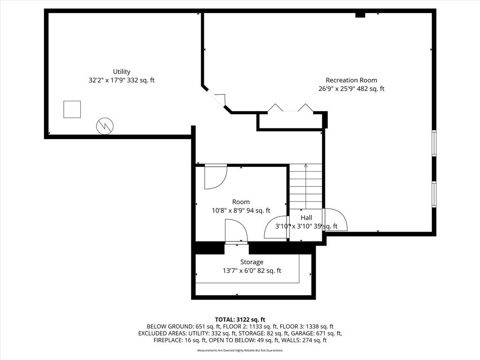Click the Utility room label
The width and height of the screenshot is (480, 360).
[x=121, y=72]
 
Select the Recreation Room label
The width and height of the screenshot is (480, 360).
[x=351, y=80]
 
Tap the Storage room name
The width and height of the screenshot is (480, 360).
[x=252, y=262]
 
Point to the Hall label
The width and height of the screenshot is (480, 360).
[x=306, y=217]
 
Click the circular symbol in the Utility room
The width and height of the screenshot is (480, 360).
[x=105, y=126]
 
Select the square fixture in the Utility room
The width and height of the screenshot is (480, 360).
[x=72, y=109]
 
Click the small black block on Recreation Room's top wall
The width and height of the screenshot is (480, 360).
[x=360, y=15]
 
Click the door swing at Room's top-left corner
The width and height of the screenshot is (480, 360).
[x=215, y=177]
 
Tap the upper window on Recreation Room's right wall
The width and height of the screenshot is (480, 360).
[x=434, y=143]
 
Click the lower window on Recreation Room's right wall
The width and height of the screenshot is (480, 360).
[x=434, y=194]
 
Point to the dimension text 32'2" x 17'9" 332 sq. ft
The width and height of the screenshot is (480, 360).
[x=121, y=80]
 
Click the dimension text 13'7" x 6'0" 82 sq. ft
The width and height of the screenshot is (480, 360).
[x=252, y=270]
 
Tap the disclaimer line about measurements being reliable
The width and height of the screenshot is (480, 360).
[x=240, y=350]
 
